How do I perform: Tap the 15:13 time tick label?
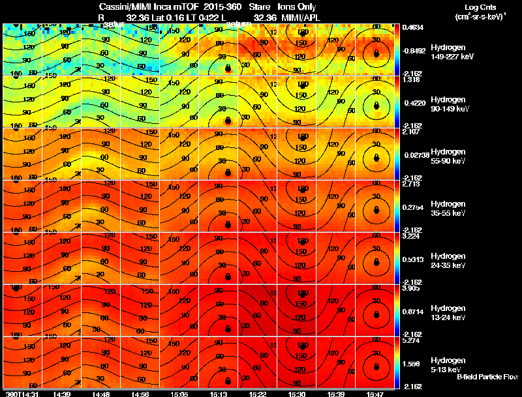tap(219, 394)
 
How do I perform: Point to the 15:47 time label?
tap(375, 394)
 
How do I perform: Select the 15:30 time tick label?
tap(296, 394)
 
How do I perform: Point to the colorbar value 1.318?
tap(412, 80)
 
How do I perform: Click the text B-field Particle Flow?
tap(488, 377)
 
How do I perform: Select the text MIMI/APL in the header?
tap(300, 18)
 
